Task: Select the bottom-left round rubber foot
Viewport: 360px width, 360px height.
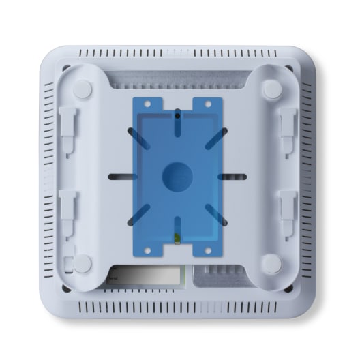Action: (82, 263)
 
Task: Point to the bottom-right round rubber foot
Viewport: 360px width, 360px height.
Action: (271, 263)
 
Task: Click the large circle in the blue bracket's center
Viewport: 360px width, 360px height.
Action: (177, 177)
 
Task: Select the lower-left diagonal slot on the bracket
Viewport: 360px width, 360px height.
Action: (138, 217)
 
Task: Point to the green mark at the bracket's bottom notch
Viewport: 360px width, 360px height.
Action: (176, 238)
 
